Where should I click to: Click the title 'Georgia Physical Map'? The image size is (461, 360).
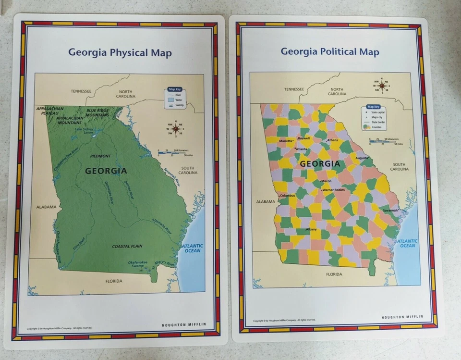pyautogui.click(x=120, y=52)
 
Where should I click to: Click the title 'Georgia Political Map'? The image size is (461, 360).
pyautogui.click(x=330, y=51)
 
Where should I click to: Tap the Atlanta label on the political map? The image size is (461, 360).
pyautogui.click(x=302, y=149)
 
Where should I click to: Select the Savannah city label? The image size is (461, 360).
pyautogui.click(x=390, y=211)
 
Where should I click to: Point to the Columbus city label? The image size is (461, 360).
pyautogui.click(x=287, y=196)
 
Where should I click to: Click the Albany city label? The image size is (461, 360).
pyautogui.click(x=311, y=229)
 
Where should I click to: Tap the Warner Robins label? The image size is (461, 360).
pyautogui.click(x=333, y=190)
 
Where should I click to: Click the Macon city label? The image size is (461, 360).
pyautogui.click(x=326, y=181)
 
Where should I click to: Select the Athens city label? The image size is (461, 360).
pyautogui.click(x=332, y=140)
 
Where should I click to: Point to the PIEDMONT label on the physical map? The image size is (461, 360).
pyautogui.click(x=101, y=156)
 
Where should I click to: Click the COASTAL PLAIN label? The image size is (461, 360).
pyautogui.click(x=127, y=246)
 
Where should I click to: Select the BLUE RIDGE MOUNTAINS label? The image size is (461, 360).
pyautogui.click(x=97, y=112)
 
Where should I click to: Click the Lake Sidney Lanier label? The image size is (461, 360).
pyautogui.click(x=84, y=131)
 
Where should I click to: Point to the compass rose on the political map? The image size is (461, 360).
pyautogui.click(x=382, y=86)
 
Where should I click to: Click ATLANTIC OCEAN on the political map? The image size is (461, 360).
pyautogui.click(x=407, y=243)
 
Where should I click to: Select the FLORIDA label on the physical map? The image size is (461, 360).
pyautogui.click(x=114, y=281)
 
